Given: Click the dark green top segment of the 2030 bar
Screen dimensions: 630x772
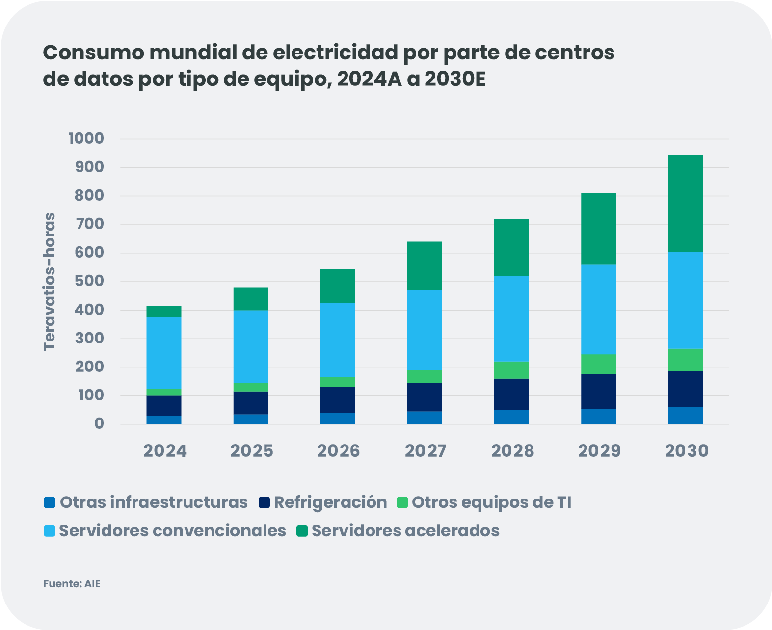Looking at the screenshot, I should click(685, 203).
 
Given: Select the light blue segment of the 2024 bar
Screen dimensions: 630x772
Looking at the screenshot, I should click(164, 352).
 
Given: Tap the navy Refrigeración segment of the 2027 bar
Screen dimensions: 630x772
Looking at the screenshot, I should click(425, 397).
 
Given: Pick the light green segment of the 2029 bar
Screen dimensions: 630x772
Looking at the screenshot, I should click(598, 364).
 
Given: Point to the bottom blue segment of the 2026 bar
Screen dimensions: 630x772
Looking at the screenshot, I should click(338, 418).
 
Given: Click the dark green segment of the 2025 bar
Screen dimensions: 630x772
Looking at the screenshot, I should click(251, 298).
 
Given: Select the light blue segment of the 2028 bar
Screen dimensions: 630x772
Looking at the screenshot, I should click(511, 318).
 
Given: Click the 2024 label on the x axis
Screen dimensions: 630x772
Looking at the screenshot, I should click(165, 451).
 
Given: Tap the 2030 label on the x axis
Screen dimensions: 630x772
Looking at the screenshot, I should click(687, 451).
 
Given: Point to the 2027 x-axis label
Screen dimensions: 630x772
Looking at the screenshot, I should click(426, 451).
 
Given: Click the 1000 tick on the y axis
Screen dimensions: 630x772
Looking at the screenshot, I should click(86, 138).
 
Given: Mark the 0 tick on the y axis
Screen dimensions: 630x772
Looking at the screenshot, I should click(99, 423).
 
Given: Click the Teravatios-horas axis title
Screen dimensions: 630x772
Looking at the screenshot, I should click(50, 282).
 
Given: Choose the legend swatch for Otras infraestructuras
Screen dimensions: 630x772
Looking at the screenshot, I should click(49, 502).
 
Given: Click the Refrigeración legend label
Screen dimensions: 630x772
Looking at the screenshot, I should click(330, 502).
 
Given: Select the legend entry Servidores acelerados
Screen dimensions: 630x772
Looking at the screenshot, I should click(405, 531).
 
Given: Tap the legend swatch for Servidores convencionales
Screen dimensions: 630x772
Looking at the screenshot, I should click(49, 531).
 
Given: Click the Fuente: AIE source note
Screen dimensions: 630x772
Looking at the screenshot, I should click(72, 584).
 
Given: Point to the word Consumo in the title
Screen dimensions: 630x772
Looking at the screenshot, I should click(93, 52).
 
